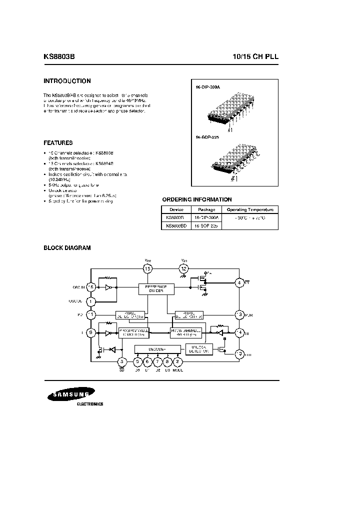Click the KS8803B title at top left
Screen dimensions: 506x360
(x=60, y=57)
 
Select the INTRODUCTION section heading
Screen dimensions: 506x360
(x=67, y=81)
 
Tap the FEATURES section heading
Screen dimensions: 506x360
(x=58, y=142)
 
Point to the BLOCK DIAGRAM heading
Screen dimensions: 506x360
(x=67, y=247)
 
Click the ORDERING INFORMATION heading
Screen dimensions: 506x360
(x=196, y=199)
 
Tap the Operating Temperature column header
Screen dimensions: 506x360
(x=250, y=210)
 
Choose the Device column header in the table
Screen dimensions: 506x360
(x=176, y=210)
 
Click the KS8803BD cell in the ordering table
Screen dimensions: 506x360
(x=176, y=226)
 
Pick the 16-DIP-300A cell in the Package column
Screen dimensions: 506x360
(x=206, y=218)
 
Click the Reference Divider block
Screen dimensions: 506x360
(x=156, y=288)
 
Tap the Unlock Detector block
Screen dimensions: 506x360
(x=198, y=349)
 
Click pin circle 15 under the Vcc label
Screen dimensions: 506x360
(x=147, y=269)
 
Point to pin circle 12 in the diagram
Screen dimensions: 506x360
(x=183, y=269)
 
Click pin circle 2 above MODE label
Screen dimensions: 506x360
(x=178, y=361)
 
